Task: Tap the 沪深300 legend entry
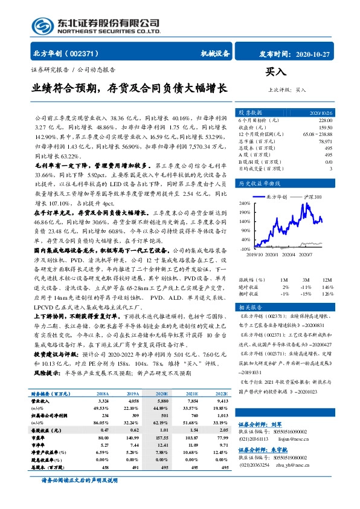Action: [x=311, y=197]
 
